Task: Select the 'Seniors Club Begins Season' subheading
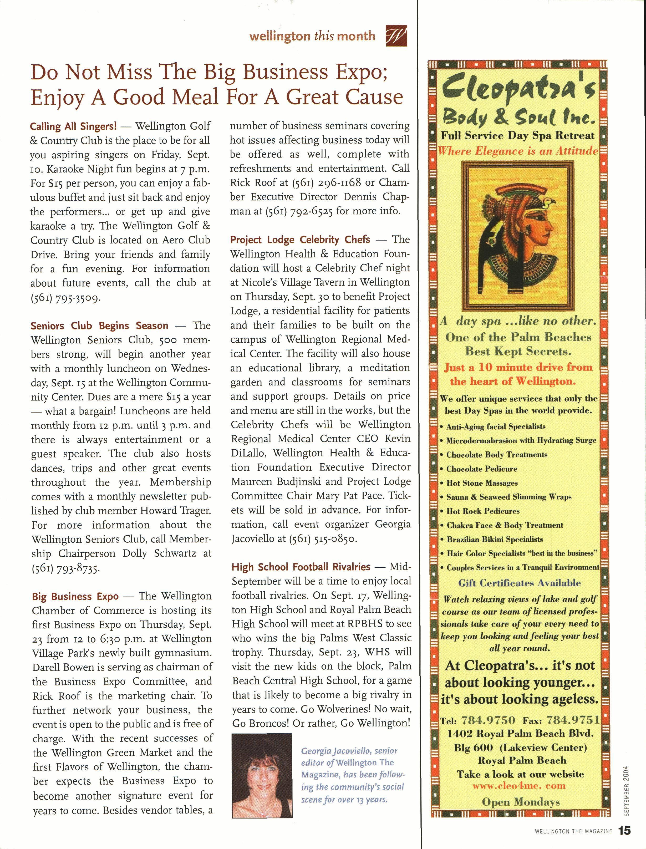(99, 326)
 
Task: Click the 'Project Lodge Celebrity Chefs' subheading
(300, 240)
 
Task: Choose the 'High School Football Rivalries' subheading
(301, 567)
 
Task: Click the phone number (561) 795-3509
(66, 298)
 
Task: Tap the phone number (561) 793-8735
(66, 568)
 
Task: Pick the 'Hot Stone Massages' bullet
(482, 483)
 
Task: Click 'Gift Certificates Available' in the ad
(519, 583)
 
